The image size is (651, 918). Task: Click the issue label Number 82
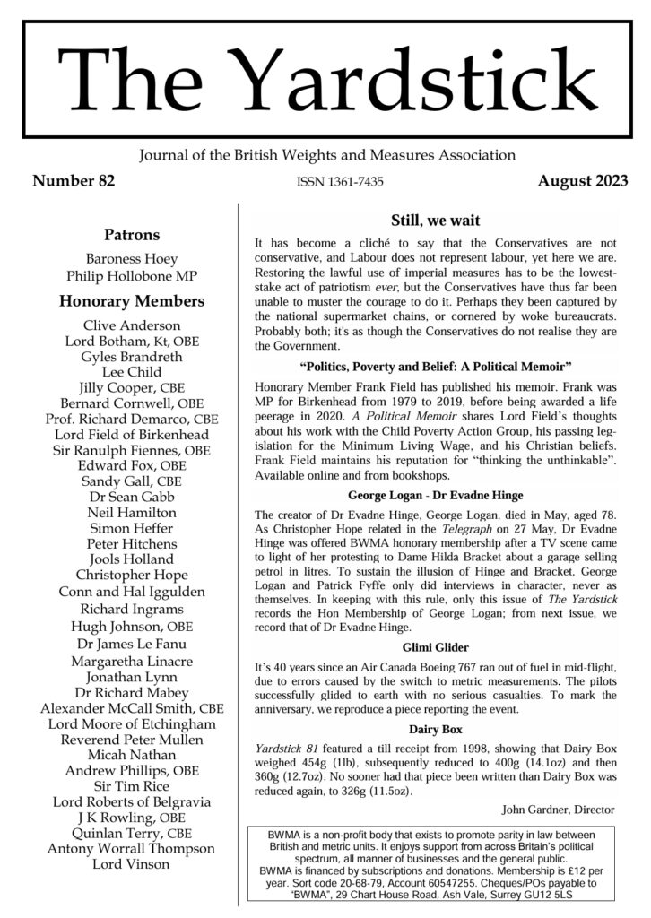[74, 181]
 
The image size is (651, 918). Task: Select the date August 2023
[583, 181]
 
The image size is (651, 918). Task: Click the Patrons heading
[132, 235]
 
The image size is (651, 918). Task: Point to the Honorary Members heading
[132, 301]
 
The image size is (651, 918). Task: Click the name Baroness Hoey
[132, 258]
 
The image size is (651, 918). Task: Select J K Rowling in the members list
[132, 818]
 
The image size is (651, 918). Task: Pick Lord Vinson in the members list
[132, 864]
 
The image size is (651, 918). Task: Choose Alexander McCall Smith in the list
[132, 708]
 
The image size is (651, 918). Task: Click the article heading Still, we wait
[435, 221]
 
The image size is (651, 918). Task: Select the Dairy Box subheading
[435, 730]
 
